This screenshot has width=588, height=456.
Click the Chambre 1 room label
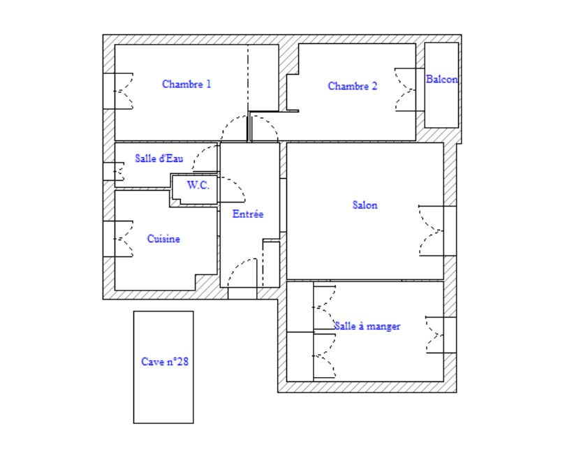[x=186, y=84]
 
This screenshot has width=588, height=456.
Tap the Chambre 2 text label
[x=352, y=87]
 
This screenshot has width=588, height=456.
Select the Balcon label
[x=442, y=79]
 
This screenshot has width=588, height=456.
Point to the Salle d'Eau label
[x=159, y=159]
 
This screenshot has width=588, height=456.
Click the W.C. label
[x=198, y=185]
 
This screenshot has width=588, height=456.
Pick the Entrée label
[x=248, y=214]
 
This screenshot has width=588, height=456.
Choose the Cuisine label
[x=163, y=239]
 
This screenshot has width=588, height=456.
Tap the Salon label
[x=365, y=205]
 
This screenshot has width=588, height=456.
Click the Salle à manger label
[x=367, y=326]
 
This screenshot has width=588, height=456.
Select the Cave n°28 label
[x=165, y=362]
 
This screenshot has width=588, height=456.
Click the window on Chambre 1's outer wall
[x=118, y=91]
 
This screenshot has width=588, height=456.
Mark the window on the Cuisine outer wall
[x=118, y=239]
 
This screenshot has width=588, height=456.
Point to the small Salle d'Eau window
[x=114, y=171]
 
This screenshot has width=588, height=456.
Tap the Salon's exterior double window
[x=437, y=231]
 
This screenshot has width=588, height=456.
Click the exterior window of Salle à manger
[x=441, y=335]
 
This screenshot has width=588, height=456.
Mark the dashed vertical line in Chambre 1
[x=248, y=78]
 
